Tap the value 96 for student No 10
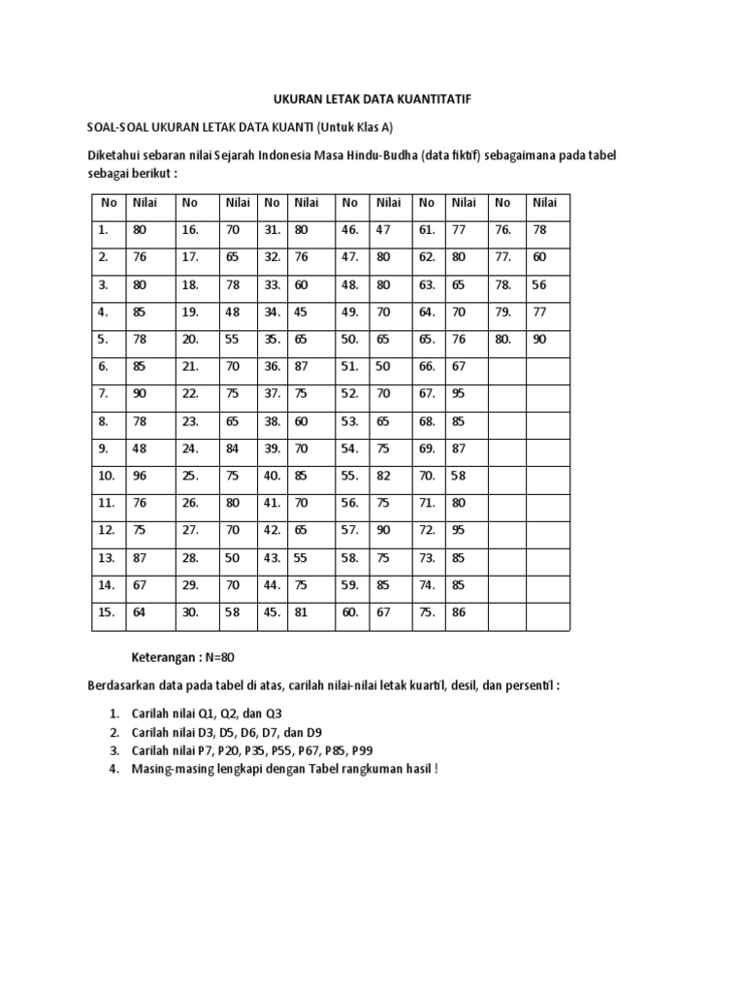142,476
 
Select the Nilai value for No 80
538,340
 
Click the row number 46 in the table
350,230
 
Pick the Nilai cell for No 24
234,448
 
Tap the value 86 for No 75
460,613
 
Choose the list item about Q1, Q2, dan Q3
207,712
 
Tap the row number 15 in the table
107,613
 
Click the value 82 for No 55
386,476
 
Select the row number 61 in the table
427,230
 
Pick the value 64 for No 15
142,613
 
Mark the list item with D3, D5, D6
227,731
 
